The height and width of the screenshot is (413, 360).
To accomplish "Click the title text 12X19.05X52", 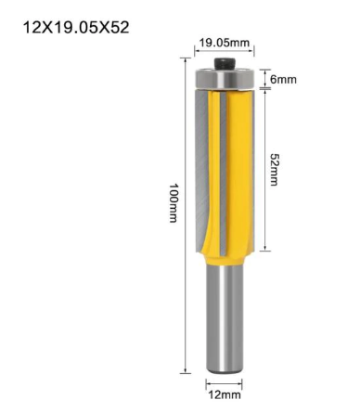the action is (76, 28).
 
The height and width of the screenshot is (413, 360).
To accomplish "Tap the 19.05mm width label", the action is (224, 43).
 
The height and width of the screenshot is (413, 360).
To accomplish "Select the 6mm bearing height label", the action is (283, 80).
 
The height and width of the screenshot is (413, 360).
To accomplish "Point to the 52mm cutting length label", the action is (274, 169).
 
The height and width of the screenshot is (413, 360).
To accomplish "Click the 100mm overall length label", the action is (174, 203).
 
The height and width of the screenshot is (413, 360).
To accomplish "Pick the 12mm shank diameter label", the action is (225, 395).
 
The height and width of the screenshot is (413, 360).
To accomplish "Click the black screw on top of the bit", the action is (225, 64).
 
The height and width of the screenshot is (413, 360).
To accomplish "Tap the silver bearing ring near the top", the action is (225, 79).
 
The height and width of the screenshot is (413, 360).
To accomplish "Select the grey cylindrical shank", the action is (225, 319).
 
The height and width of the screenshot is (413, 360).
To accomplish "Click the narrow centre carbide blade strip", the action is (223, 174).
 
